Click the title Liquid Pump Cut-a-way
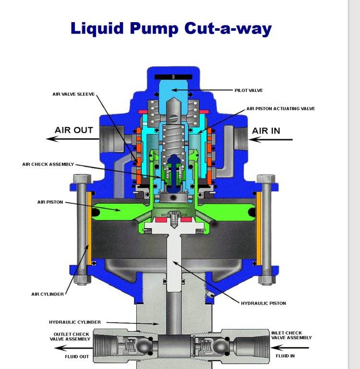click(x=171, y=29)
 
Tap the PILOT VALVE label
click(x=249, y=90)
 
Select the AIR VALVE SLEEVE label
click(x=73, y=94)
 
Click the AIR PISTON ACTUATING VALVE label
click(x=280, y=109)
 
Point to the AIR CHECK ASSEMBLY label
click(x=48, y=164)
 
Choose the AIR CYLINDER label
click(x=48, y=294)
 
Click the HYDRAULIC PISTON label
click(x=264, y=303)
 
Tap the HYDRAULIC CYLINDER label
click(x=75, y=322)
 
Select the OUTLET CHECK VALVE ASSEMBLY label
click(x=70, y=336)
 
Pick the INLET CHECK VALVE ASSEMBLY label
click(x=291, y=335)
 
